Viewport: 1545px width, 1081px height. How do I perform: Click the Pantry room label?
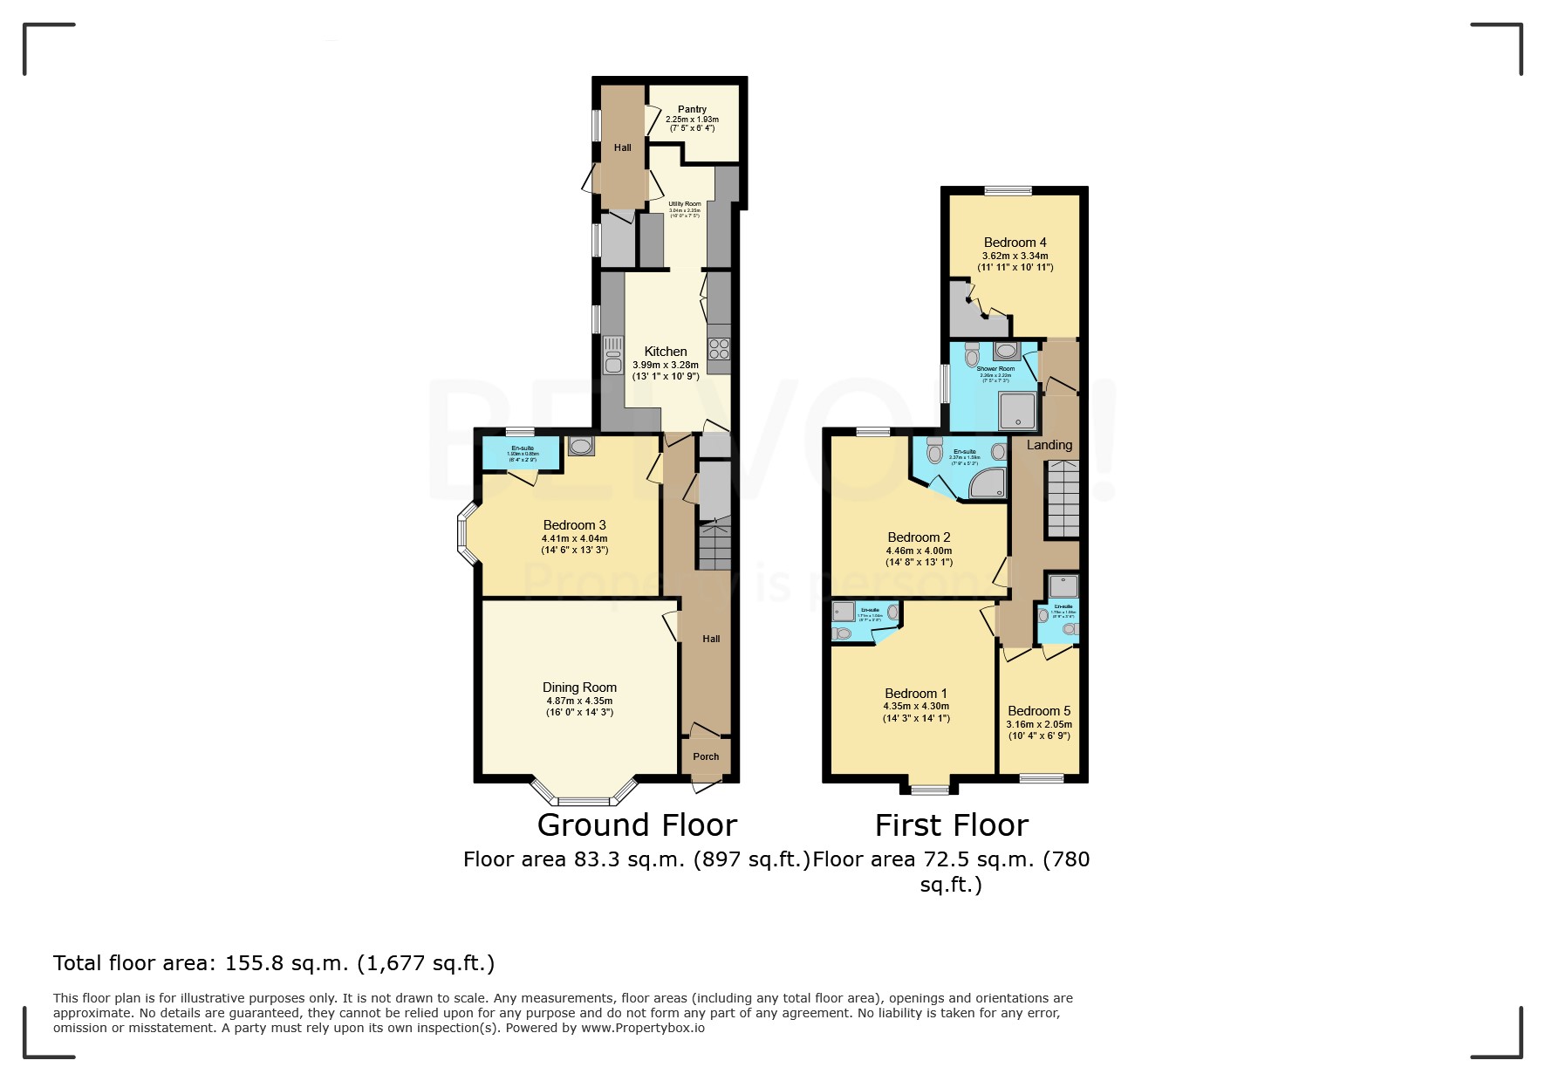692,110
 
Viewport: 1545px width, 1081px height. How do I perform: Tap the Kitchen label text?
666,352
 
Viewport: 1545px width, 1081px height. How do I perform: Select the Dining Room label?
579,688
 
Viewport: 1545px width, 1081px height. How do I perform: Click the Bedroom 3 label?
574,525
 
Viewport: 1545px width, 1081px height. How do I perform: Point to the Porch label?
706,756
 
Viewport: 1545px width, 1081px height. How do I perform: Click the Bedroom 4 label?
1015,243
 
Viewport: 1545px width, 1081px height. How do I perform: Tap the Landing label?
1049,445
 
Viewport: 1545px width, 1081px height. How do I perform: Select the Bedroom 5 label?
1038,711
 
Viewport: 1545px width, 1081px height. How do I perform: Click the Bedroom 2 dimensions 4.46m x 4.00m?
919,551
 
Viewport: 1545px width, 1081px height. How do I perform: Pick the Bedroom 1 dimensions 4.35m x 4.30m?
916,707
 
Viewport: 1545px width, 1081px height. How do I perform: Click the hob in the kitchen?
719,350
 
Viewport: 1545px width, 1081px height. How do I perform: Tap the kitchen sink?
612,356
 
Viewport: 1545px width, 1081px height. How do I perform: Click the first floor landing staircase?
1063,499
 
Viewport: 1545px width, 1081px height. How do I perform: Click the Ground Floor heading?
637,825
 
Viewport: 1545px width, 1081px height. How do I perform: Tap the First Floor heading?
951,825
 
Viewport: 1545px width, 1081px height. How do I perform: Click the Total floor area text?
274,963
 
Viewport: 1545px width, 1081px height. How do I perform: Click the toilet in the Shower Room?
972,355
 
